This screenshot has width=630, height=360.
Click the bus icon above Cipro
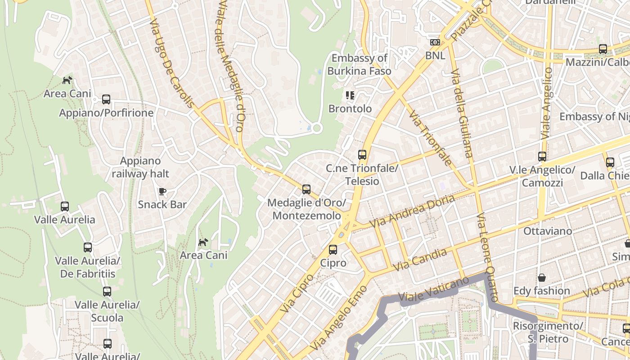coord(333,250)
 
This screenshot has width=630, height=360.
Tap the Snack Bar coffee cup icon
coord(162,192)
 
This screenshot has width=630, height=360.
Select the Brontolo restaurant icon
coord(350,95)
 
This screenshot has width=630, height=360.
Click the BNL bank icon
coord(435,42)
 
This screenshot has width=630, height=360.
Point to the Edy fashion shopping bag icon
coord(542,278)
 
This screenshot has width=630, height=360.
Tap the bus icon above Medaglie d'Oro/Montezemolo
coord(306,189)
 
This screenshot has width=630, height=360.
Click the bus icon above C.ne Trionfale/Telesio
coord(362,155)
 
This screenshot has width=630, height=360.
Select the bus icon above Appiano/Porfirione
coord(106,99)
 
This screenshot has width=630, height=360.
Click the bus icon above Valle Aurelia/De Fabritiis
coord(88,247)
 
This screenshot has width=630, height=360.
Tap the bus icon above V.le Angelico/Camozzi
coord(542,157)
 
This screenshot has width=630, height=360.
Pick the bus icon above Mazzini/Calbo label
coord(603,49)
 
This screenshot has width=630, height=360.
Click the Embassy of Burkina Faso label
coord(359,64)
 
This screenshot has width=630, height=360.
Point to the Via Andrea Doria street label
coord(412,211)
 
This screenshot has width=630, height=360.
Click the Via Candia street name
coord(420,260)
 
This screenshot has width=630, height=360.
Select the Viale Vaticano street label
coord(434,290)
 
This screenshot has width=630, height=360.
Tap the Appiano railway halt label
coord(140,167)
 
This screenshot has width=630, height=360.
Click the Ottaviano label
coord(548,231)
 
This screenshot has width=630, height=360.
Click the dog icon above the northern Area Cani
coord(67,81)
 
